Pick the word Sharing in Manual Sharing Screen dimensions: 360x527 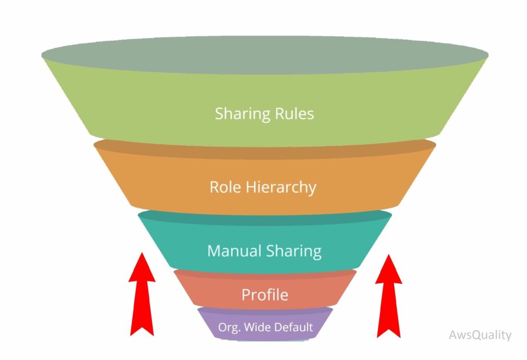coord(293,251)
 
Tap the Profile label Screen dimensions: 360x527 coord(265,295)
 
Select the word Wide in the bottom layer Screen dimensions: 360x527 coord(257,327)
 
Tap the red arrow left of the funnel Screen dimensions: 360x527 coord(142,299)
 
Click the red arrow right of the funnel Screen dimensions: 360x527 coord(389,299)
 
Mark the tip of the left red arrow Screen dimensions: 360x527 coord(142,253)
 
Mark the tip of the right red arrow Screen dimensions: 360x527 coord(389,254)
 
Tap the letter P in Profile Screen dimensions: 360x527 coord(245,295)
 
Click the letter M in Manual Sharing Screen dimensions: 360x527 coord(214,251)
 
